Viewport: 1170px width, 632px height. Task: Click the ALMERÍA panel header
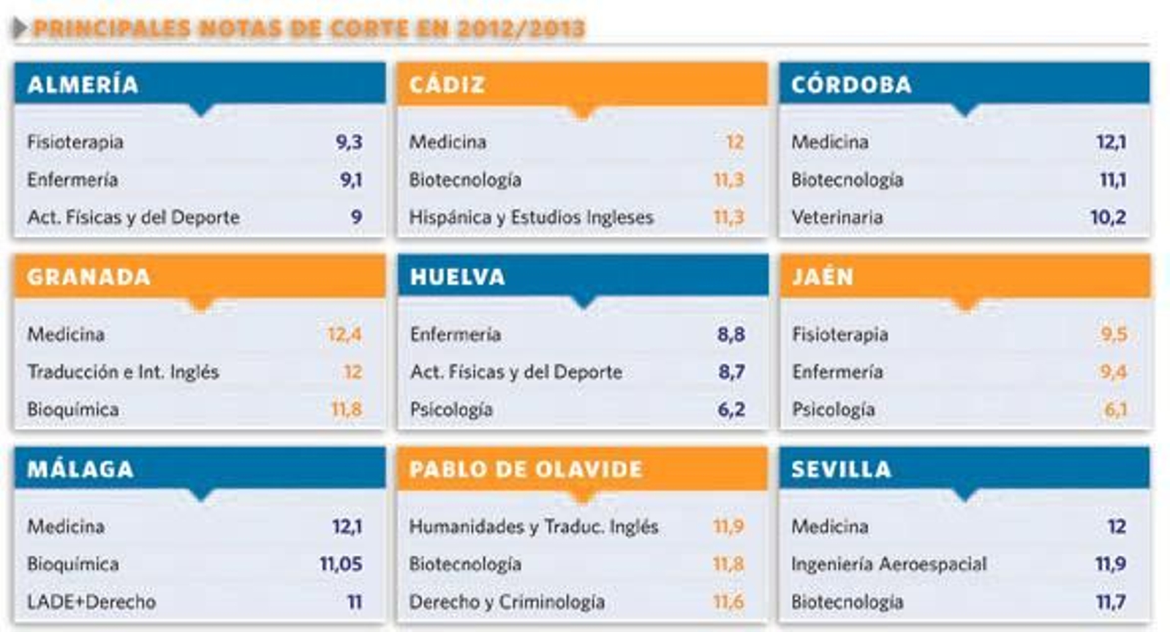click(83, 85)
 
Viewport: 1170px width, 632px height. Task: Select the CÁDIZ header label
click(447, 85)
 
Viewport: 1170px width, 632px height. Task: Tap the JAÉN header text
click(823, 277)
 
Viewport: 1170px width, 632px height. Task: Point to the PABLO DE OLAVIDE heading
click(526, 469)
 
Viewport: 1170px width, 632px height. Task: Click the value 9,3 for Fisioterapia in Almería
click(349, 142)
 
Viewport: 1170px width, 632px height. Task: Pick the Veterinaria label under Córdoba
click(837, 217)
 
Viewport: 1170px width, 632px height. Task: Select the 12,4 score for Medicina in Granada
click(344, 335)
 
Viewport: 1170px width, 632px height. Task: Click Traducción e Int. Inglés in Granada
click(123, 372)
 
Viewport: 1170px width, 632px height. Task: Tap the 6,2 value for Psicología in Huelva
click(731, 409)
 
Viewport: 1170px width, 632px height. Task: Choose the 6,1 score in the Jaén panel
click(1115, 409)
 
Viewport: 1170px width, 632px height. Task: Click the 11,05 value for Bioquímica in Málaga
click(341, 564)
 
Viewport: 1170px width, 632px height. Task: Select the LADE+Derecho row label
click(91, 602)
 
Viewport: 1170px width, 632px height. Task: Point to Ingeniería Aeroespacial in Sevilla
click(888, 564)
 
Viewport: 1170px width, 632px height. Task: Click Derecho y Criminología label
click(507, 602)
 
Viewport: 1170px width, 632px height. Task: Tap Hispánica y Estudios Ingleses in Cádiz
click(531, 217)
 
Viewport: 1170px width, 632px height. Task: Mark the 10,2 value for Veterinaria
click(1108, 217)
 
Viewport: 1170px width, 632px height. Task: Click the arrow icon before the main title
click(20, 28)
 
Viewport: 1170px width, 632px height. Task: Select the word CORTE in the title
click(369, 28)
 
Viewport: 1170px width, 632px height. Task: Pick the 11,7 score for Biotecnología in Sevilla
click(1110, 602)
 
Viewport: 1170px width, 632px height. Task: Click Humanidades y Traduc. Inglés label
click(533, 527)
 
